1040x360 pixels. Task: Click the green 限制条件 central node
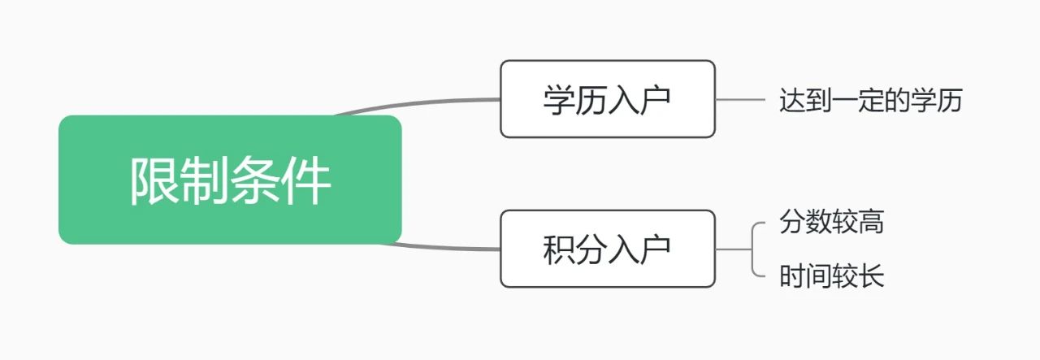230,180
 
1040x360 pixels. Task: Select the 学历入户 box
607,99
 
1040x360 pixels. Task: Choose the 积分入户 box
607,249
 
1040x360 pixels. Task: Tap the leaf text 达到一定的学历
870,101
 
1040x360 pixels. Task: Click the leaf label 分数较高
831,222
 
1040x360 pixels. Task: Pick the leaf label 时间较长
831,277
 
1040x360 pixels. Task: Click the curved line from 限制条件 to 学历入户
422,103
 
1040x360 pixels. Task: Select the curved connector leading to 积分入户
447,246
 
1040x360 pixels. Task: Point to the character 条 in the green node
256,180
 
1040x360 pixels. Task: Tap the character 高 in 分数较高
871,222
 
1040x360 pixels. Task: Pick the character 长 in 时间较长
871,277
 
